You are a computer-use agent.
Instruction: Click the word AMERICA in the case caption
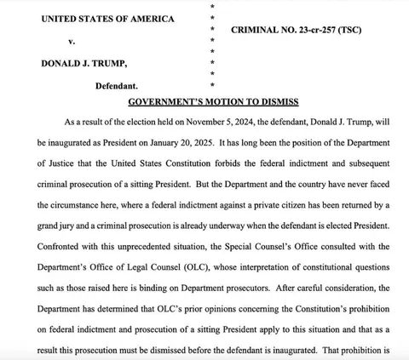(150, 19)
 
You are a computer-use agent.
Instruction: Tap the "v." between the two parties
(71, 41)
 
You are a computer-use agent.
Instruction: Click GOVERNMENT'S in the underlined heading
(169, 101)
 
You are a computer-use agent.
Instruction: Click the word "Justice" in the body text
(67, 159)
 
